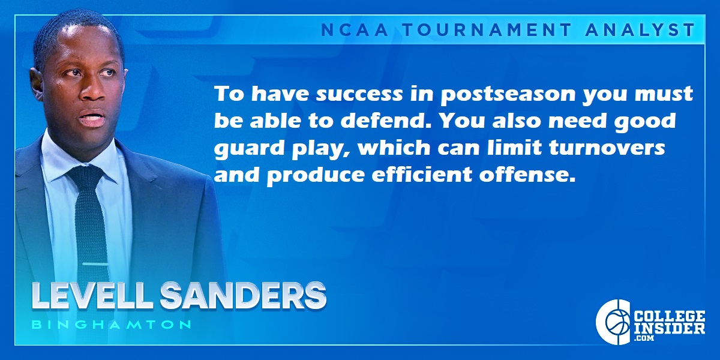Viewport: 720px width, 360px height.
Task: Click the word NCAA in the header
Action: coord(355,30)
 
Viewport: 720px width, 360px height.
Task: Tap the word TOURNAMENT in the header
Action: coord(488,30)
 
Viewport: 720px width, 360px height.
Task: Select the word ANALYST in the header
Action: coord(641,30)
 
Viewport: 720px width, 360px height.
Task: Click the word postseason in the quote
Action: coord(508,95)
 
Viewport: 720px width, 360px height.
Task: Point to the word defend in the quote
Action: coord(384,121)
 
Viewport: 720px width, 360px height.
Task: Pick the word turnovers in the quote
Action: coord(607,148)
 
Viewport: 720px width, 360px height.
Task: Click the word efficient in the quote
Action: coord(422,174)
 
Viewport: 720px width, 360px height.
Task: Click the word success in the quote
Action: coord(359,95)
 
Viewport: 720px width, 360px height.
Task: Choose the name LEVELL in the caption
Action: coord(91,296)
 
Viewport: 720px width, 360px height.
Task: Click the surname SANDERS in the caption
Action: coord(243,296)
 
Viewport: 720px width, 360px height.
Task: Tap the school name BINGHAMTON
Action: coord(112,325)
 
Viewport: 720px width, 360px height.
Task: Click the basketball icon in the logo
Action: coord(618,322)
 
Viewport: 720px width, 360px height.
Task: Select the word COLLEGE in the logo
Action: coord(670,316)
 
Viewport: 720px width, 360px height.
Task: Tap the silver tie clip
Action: coord(95,264)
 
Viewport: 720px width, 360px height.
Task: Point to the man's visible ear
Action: coord(36,83)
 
